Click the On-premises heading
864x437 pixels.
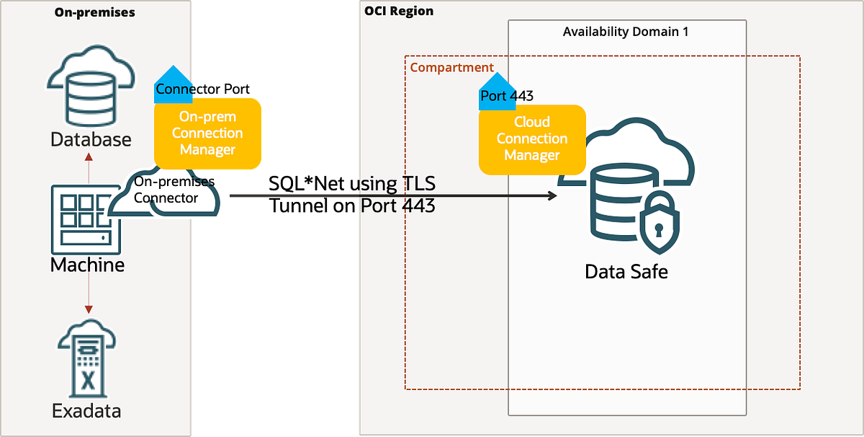click(x=94, y=12)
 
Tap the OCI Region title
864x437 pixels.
click(x=399, y=12)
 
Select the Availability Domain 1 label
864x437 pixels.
click(x=625, y=32)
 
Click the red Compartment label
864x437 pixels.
click(x=451, y=68)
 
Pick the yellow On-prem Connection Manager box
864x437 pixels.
click(x=207, y=133)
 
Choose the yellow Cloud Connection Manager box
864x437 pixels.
click(x=532, y=139)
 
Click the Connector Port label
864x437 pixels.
click(x=202, y=89)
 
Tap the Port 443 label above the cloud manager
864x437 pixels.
click(x=507, y=96)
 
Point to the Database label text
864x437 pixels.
click(x=91, y=139)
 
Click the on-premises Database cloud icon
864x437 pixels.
click(x=91, y=86)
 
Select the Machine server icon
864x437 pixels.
click(x=86, y=219)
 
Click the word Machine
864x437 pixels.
click(x=88, y=265)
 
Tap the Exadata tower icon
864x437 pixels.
click(x=87, y=358)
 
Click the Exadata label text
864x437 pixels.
click(x=86, y=411)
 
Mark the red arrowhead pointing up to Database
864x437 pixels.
click(x=89, y=157)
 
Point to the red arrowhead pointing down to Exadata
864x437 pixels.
click(x=89, y=309)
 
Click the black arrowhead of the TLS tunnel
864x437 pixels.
click(x=553, y=195)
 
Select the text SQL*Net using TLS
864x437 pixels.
click(x=352, y=184)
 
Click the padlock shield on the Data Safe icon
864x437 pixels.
click(x=660, y=223)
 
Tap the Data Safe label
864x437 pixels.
click(x=626, y=272)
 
